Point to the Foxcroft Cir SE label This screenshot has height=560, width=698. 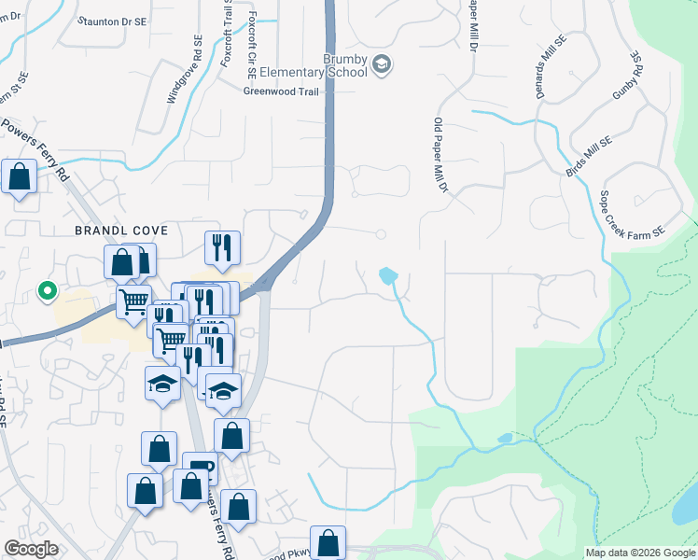[x=252, y=44]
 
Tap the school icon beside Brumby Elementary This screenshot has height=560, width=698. [x=381, y=64]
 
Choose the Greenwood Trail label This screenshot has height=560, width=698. [x=281, y=91]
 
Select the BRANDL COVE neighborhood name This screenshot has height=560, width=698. [x=110, y=230]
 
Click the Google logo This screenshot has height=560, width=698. [x=31, y=549]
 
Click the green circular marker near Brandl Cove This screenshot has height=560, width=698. [x=46, y=292]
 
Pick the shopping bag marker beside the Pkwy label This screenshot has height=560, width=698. [x=328, y=541]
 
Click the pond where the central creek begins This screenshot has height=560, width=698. [x=388, y=275]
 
